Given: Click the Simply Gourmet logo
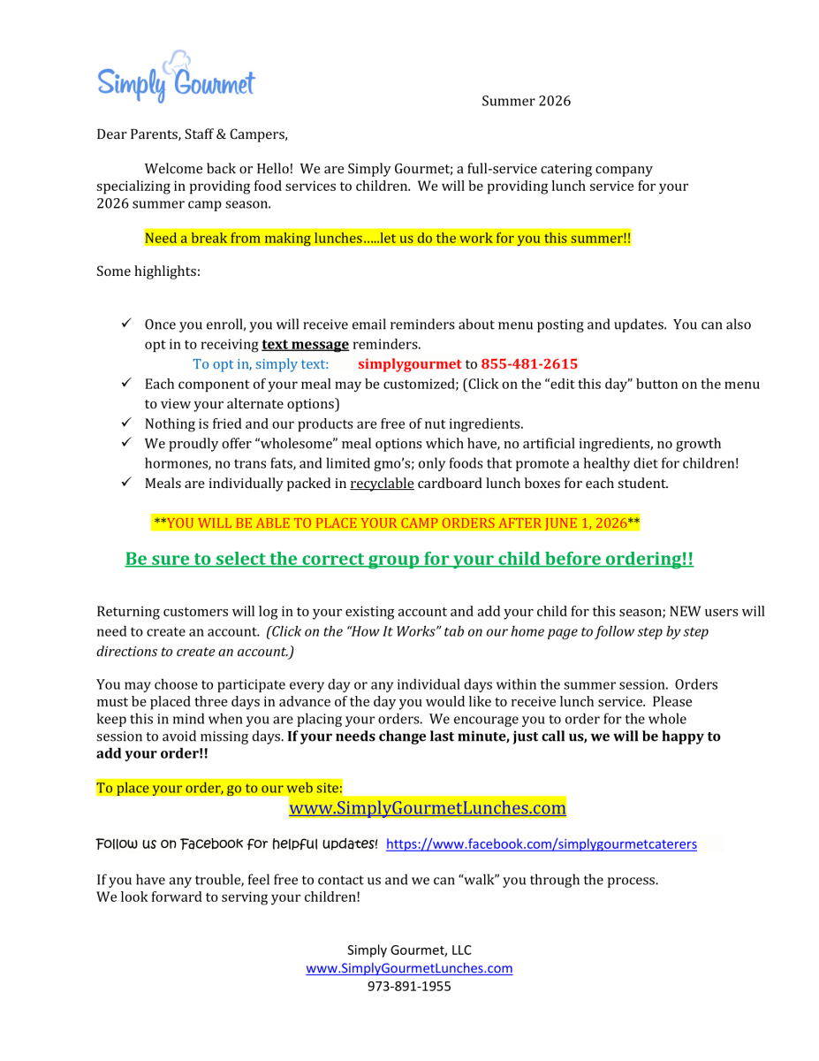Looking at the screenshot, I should [175, 78].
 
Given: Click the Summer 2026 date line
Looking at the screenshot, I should [526, 101].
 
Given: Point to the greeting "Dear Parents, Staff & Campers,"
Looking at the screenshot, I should [192, 134].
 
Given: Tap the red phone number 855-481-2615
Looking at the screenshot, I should [529, 364].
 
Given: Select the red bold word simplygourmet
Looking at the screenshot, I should [409, 364].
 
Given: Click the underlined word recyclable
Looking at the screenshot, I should [382, 484].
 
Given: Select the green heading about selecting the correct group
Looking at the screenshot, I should [409, 560].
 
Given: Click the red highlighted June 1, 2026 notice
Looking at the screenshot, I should [397, 523].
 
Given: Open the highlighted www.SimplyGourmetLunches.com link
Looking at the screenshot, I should [428, 808].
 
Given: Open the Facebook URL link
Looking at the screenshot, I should [541, 844].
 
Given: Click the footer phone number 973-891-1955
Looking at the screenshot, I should [409, 987].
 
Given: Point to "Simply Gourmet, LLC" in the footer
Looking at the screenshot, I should [409, 950].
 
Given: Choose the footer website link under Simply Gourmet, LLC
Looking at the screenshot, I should [409, 968].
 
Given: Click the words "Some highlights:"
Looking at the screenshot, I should [148, 271].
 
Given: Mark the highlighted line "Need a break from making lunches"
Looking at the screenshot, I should [387, 239].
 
